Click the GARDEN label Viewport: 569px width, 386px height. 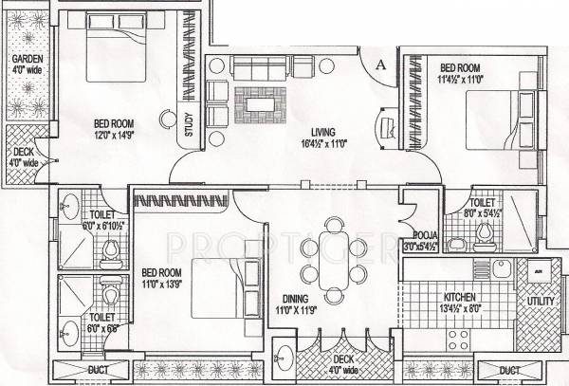click(x=19, y=60)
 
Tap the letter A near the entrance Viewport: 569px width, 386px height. click(x=378, y=64)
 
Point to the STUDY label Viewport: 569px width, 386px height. click(x=190, y=127)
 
